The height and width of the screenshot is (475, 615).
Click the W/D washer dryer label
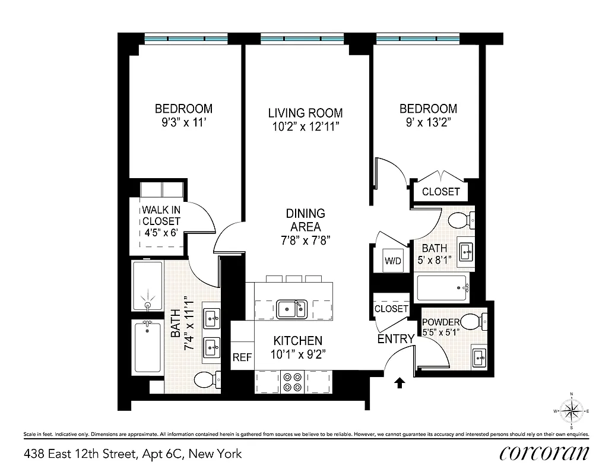coord(392,261)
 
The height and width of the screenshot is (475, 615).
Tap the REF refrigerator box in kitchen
coord(242,357)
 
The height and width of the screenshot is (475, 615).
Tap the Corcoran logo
coord(544,453)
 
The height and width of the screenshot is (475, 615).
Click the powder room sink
coord(480,357)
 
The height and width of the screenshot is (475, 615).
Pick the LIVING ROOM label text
coord(305,113)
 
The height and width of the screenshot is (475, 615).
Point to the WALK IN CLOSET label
coord(160,221)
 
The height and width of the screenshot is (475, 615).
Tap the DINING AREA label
coord(305,220)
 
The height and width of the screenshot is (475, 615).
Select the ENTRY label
coord(396,339)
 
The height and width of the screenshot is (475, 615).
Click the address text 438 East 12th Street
coord(133,454)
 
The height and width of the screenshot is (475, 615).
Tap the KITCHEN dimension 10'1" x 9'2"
coord(297,354)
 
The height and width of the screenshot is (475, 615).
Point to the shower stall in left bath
coord(147,286)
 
